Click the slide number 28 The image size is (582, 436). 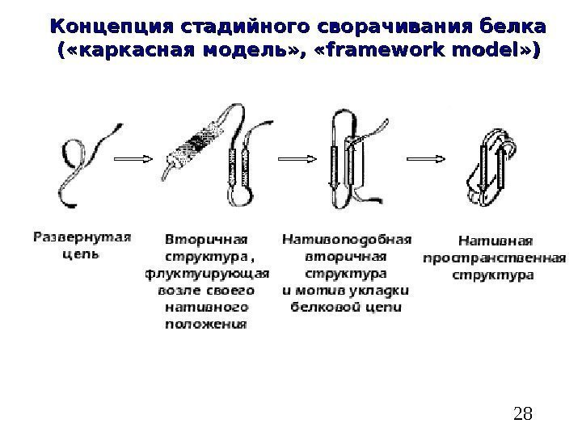pos(523,414)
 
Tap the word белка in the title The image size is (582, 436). pos(508,23)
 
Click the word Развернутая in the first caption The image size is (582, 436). pos(82,237)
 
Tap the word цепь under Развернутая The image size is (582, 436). pos(81,254)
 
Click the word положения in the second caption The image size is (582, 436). pos(206,325)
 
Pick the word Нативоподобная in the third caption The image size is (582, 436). pos(346,239)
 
